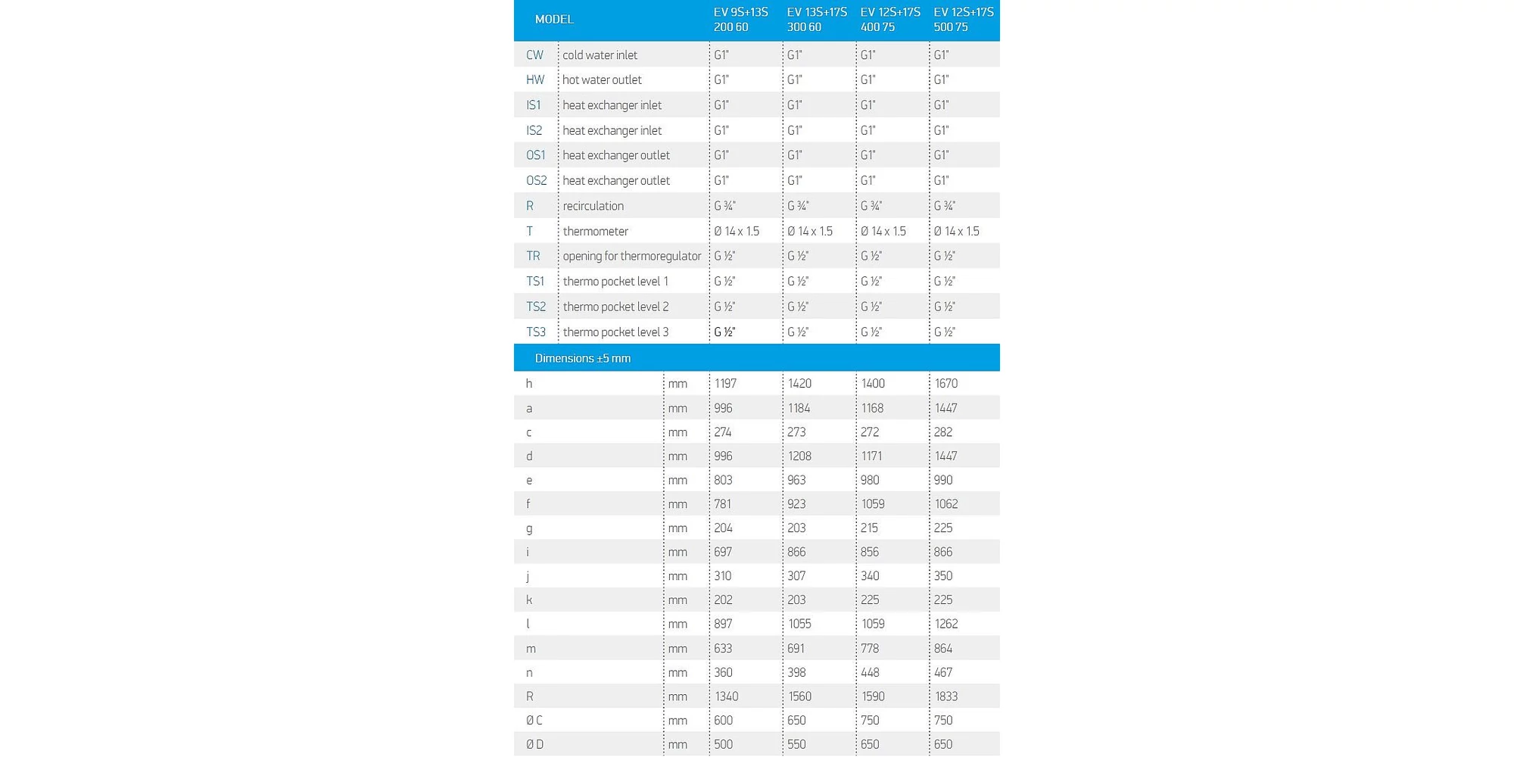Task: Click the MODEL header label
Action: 553,20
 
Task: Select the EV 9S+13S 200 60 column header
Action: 740,20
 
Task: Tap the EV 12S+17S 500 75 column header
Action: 963,20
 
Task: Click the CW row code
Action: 534,55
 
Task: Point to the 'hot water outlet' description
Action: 602,80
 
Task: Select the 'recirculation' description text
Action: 593,206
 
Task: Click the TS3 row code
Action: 535,332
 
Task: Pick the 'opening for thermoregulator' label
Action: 631,257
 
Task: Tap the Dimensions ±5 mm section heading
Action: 582,359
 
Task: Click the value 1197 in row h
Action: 725,384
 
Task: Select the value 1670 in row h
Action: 946,384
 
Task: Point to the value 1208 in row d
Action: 799,456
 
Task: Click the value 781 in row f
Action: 722,504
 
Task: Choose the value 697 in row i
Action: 722,553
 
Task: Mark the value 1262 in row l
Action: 946,625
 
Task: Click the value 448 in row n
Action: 870,673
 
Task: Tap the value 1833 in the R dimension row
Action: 946,696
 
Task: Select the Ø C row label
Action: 534,721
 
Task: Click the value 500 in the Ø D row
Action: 723,745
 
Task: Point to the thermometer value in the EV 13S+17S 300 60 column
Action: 809,232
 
